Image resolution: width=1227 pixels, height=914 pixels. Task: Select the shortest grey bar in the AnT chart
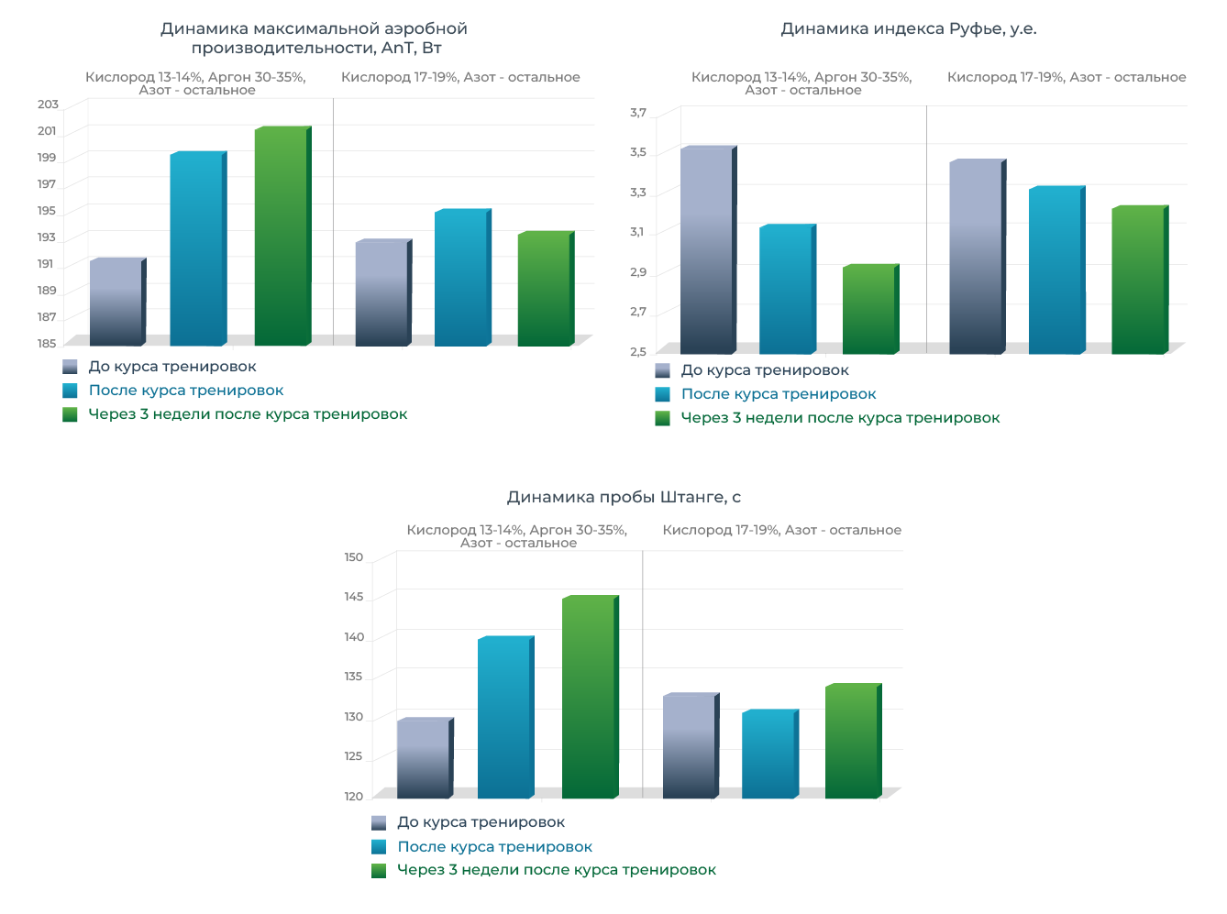point(116,303)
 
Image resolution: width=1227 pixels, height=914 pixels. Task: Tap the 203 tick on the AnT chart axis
point(48,105)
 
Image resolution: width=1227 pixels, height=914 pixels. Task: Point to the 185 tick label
point(47,344)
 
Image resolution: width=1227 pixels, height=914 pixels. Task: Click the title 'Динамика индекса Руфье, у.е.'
point(908,29)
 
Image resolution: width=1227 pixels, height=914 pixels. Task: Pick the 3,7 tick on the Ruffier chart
point(638,113)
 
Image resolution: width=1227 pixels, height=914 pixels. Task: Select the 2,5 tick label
point(638,352)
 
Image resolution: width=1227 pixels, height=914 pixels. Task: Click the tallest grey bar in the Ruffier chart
point(706,250)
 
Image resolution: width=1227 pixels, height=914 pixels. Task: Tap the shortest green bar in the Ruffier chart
point(868,310)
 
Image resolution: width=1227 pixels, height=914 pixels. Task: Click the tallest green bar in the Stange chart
point(588,698)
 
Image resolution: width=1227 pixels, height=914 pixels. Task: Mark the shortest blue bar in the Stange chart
point(768,754)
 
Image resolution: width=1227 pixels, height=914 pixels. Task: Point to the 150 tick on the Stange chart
point(354,557)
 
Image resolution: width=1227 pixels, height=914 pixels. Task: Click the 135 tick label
point(354,677)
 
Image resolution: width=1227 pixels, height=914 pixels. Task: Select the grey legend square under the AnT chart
point(70,367)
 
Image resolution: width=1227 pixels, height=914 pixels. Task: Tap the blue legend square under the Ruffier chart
point(663,395)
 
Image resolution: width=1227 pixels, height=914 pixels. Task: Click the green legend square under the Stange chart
point(379,871)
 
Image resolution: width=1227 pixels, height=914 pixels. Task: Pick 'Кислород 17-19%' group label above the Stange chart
point(781,530)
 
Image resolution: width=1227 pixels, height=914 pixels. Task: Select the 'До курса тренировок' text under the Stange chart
point(481,822)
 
